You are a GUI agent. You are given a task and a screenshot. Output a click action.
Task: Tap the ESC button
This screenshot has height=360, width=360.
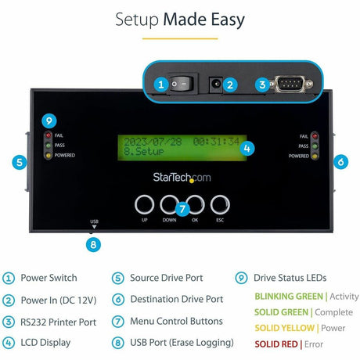pos(220,206)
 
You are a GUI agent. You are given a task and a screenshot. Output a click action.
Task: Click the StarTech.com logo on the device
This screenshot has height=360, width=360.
pos(181,178)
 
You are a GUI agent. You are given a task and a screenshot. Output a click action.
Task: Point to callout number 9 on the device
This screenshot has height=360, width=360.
pos(49,121)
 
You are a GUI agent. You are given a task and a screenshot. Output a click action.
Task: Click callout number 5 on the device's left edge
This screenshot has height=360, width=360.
pos(20,163)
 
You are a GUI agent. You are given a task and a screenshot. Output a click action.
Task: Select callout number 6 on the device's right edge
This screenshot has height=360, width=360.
pos(340,163)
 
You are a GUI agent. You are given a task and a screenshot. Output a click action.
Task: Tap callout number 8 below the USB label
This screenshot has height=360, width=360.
pos(94,244)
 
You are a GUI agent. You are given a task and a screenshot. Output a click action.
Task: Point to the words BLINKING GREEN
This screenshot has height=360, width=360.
pos(288,296)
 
